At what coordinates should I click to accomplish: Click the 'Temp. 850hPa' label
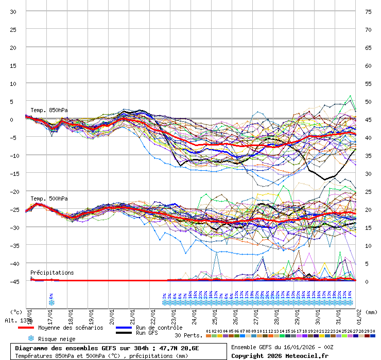tap(49, 110)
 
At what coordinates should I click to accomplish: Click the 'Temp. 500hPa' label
tap(49, 199)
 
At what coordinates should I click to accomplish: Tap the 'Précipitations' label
tap(52, 273)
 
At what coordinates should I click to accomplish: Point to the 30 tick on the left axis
tap(13, 11)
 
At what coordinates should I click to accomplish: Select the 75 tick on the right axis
tap(368, 11)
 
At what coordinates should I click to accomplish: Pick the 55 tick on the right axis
tap(368, 83)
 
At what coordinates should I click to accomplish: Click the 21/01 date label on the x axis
tap(133, 314)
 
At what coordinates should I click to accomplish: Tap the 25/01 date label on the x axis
tap(215, 314)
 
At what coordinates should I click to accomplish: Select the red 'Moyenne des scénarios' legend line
tap(26, 328)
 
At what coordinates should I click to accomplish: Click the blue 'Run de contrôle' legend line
tap(124, 328)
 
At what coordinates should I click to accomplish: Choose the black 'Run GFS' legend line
tap(124, 333)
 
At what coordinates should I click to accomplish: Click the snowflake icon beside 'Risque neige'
tap(31, 338)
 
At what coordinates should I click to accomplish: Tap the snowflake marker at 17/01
tap(51, 303)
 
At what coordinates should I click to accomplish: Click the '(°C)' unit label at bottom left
tap(16, 312)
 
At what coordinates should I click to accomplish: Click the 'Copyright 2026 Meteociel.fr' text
tap(280, 355)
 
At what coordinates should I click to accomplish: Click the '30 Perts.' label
tap(188, 335)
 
